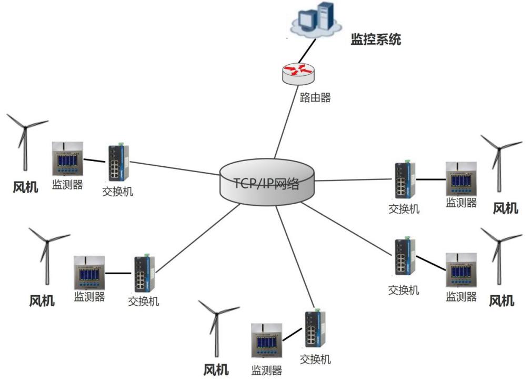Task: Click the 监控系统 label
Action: tap(376, 39)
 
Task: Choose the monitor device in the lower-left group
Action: tap(89, 272)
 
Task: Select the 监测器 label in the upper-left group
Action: tap(67, 184)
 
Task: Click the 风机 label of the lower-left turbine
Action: tap(42, 300)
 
